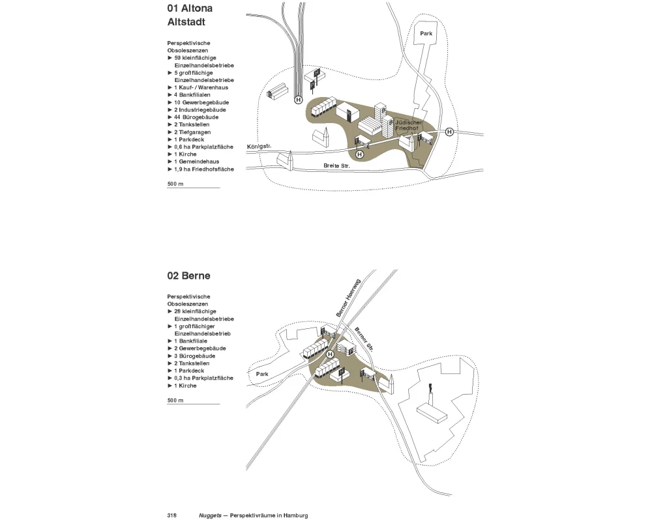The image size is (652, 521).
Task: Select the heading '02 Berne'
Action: point(188,275)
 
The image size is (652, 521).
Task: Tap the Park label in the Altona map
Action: point(426,33)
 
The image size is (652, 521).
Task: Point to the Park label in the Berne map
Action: point(262,374)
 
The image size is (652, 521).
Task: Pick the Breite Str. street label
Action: point(336,166)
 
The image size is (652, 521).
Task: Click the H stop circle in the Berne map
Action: point(331,354)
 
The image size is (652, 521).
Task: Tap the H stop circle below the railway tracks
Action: point(299,100)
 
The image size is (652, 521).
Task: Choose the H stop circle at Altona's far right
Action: point(449,132)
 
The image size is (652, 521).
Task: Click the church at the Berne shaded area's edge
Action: point(391,384)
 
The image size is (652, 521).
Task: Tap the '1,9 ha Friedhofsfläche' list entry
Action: point(203,169)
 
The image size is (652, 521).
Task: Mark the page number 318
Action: point(172,515)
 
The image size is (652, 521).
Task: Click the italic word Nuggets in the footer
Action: point(210,515)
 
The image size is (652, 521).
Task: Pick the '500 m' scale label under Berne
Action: point(175,400)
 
